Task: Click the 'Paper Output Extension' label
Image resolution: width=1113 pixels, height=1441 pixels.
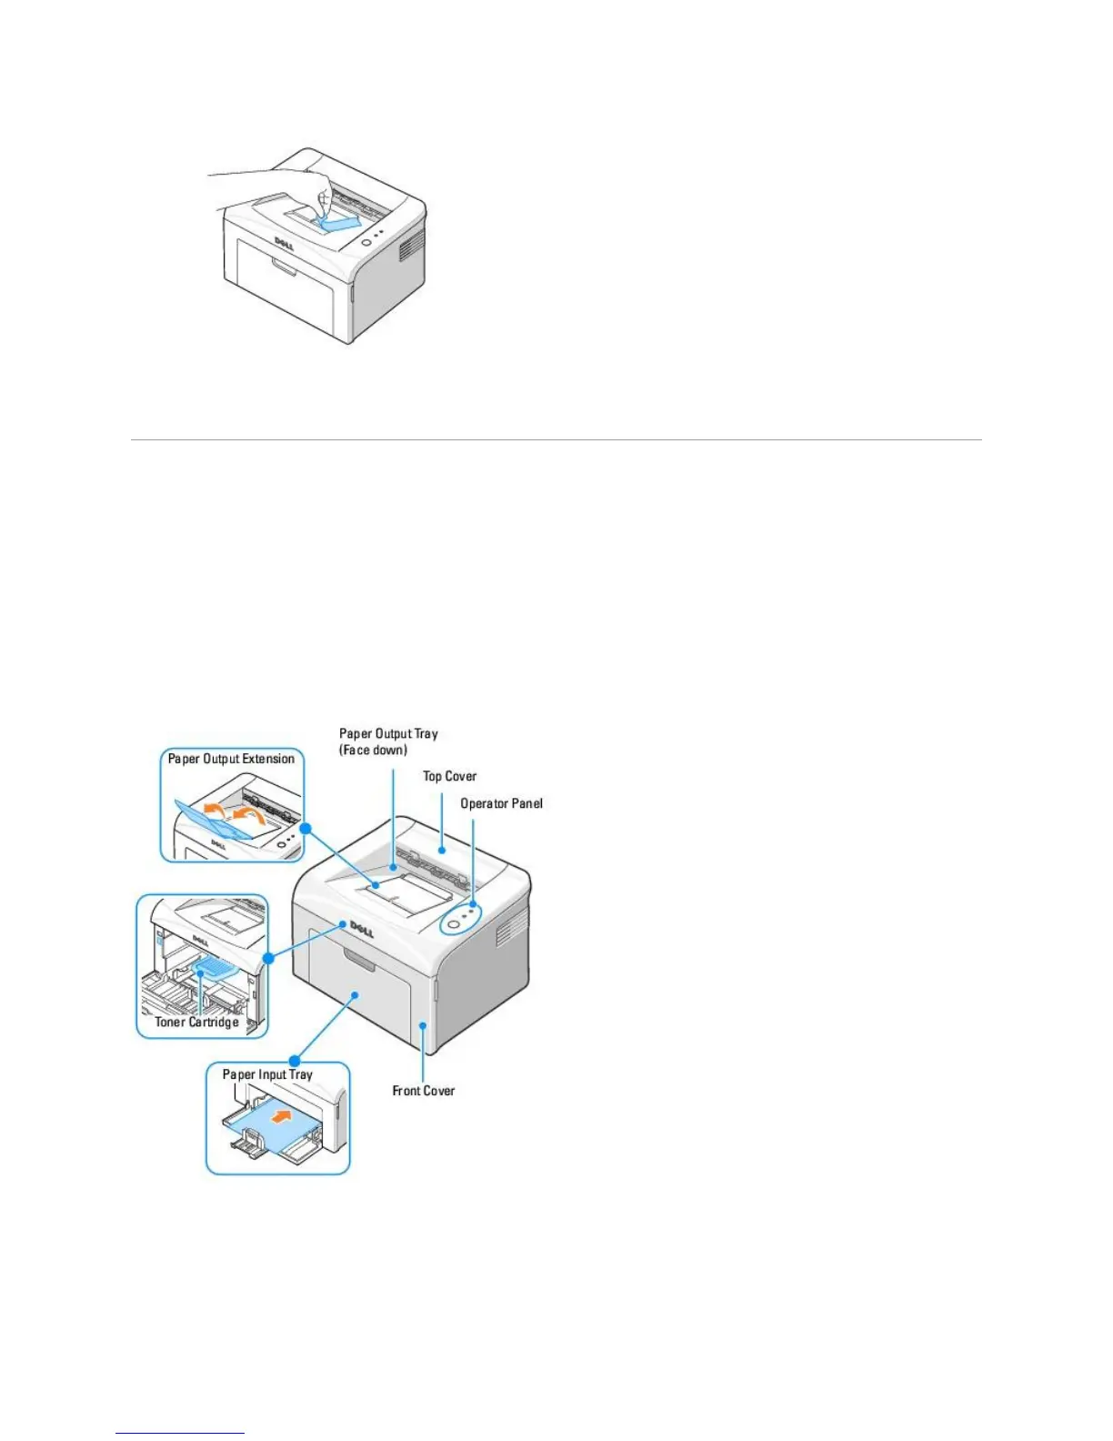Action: click(x=231, y=759)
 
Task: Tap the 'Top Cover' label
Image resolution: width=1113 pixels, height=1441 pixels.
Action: click(x=449, y=776)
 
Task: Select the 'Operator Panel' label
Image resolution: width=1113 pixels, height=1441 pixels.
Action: click(x=501, y=803)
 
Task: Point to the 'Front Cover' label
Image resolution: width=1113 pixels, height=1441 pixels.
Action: click(x=423, y=1090)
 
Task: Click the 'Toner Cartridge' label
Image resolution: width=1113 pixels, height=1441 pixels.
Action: click(x=196, y=1022)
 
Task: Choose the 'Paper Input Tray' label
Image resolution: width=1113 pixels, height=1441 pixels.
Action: click(x=267, y=1074)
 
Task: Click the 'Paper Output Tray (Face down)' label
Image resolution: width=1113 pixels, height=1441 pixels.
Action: click(x=388, y=741)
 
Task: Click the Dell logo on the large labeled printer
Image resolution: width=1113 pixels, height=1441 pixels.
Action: click(x=362, y=928)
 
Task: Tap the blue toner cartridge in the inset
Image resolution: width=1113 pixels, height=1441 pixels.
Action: click(x=216, y=966)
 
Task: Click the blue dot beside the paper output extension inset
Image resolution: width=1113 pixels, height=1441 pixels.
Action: click(x=306, y=828)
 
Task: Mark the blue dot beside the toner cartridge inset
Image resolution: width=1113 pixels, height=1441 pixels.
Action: click(x=268, y=959)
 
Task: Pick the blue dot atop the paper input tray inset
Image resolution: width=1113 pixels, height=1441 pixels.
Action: click(x=295, y=1061)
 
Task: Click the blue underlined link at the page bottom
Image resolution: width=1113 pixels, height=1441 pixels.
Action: click(x=180, y=1435)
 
